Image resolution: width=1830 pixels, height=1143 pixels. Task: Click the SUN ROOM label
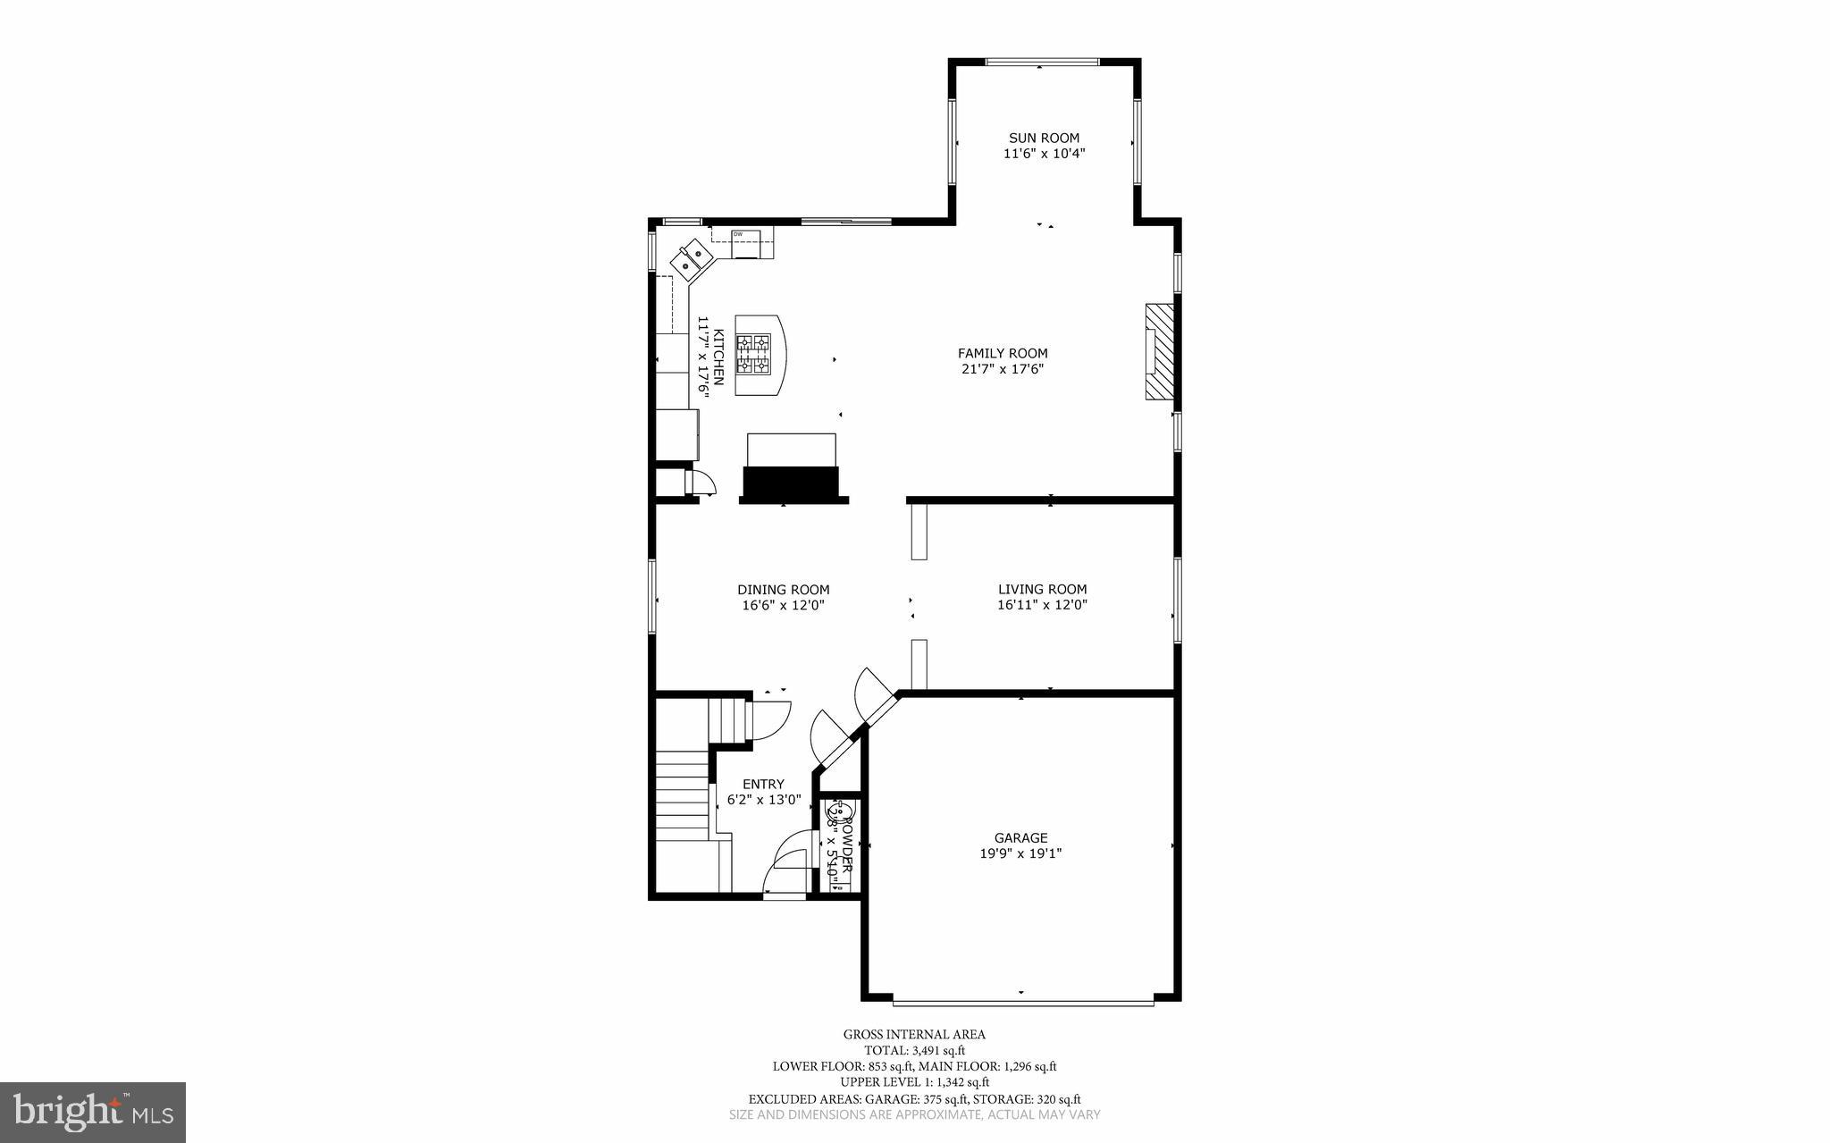pyautogui.click(x=1044, y=138)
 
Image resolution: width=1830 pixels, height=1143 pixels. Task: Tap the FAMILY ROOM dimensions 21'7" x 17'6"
pyautogui.click(x=1002, y=369)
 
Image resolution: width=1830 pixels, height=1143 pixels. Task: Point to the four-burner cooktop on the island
pyautogui.click(x=752, y=353)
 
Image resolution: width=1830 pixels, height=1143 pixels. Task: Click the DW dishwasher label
pyautogui.click(x=738, y=234)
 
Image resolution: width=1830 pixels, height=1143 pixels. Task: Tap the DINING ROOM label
pyautogui.click(x=783, y=590)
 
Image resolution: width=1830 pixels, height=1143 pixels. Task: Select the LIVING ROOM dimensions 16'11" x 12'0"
pyautogui.click(x=1042, y=605)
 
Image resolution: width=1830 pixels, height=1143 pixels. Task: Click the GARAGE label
pyautogui.click(x=1020, y=838)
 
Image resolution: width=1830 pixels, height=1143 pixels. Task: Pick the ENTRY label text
pyautogui.click(x=762, y=785)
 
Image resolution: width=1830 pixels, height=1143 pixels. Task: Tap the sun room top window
pyautogui.click(x=1041, y=62)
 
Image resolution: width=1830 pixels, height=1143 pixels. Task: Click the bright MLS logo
pyautogui.click(x=93, y=1112)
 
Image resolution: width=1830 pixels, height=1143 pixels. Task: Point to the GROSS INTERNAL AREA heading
pyautogui.click(x=914, y=1035)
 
